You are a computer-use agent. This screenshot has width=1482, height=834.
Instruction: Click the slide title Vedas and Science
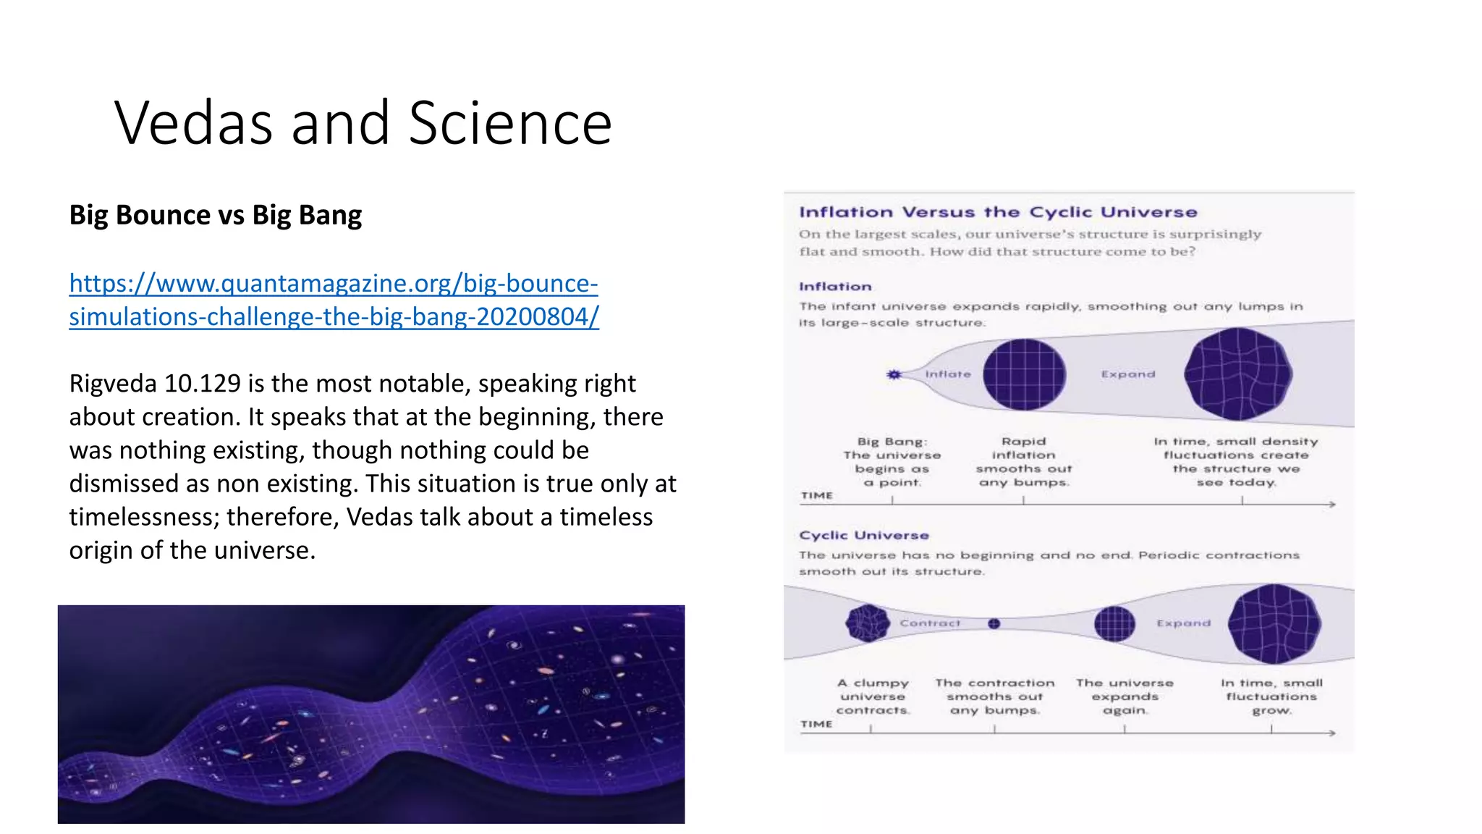point(363,123)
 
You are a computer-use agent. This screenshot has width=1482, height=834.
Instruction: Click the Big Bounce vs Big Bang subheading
point(215,215)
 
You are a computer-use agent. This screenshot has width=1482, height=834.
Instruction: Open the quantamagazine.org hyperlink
point(333,300)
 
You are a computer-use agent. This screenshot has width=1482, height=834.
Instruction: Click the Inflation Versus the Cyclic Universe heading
point(997,212)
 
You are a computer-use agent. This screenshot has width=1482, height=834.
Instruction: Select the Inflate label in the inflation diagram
point(947,374)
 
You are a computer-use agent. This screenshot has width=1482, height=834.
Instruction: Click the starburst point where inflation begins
point(894,374)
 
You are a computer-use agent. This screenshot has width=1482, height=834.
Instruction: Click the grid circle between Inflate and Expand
point(1023,375)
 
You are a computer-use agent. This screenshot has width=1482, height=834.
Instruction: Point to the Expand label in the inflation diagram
point(1127,374)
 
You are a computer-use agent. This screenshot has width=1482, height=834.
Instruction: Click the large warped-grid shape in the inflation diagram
point(1238,374)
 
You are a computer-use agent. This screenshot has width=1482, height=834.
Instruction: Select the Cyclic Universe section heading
point(863,535)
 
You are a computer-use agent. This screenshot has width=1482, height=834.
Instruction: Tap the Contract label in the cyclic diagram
point(929,623)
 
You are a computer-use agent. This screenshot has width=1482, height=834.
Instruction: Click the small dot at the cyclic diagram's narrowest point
point(994,623)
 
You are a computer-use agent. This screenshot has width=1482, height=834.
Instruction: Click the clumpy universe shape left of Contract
point(867,623)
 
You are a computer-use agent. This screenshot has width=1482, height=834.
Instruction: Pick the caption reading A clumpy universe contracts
point(873,696)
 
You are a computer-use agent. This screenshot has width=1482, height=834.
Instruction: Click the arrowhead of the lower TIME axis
point(1331,733)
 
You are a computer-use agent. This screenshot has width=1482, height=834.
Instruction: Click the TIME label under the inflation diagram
point(816,496)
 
